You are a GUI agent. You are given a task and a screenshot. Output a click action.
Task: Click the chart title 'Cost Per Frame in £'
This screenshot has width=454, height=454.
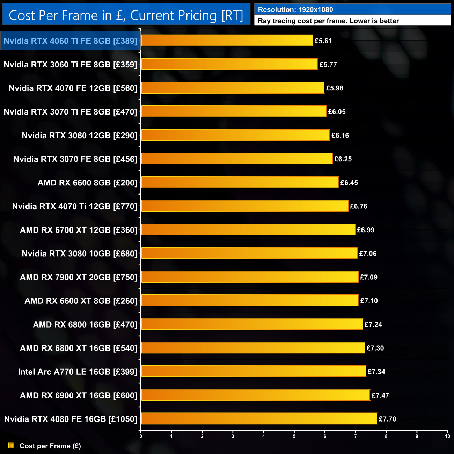pos(126,15)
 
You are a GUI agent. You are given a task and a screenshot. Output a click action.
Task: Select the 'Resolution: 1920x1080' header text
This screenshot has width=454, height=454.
pos(295,9)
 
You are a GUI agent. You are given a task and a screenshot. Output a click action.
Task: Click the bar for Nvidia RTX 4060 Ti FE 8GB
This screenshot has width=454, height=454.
pos(227,41)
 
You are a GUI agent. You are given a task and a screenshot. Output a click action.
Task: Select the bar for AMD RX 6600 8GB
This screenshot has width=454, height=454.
pos(240,182)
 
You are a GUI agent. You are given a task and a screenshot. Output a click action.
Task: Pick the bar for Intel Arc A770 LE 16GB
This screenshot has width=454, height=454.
pos(254,371)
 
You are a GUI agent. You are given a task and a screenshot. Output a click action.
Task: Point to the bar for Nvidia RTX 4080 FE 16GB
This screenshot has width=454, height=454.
pos(259,418)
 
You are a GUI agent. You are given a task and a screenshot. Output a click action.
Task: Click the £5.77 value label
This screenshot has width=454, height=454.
pos(328,65)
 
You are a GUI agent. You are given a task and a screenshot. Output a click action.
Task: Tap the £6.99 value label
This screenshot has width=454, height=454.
pos(366,230)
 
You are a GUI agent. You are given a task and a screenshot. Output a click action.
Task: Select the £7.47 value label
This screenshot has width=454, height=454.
pos(380,395)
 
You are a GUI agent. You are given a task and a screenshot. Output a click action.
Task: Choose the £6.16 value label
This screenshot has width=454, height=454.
pos(340,136)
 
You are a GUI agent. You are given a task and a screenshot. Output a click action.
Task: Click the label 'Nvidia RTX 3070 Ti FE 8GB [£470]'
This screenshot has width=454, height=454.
pos(70,112)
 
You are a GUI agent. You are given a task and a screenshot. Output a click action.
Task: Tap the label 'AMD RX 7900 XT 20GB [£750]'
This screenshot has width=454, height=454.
pos(79,277)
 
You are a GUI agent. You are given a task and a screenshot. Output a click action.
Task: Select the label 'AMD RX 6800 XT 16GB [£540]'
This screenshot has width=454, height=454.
pos(79,348)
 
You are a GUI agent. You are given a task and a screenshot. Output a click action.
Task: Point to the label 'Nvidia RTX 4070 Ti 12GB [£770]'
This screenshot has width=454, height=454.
pos(74,206)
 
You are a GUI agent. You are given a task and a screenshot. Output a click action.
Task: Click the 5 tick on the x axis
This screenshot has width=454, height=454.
pos(294,436)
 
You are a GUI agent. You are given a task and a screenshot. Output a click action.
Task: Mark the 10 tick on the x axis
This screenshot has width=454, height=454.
pos(447,436)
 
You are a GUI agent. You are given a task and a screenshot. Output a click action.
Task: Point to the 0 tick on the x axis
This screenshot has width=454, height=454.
pos(141,436)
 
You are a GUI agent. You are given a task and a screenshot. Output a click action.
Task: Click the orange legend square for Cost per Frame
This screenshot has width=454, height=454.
pos(11,446)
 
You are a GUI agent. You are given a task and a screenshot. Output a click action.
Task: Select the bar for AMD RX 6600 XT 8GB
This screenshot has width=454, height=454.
pos(250,300)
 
